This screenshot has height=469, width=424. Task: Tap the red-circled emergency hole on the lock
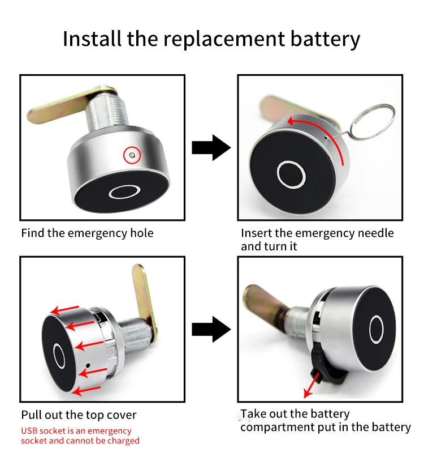point(132,153)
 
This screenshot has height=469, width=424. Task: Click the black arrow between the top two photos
point(211,148)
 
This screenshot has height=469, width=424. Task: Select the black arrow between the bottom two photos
point(211,330)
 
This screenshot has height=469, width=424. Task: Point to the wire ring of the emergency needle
point(370,120)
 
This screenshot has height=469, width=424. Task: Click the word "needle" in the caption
point(374,233)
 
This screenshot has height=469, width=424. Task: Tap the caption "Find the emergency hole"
point(87,233)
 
